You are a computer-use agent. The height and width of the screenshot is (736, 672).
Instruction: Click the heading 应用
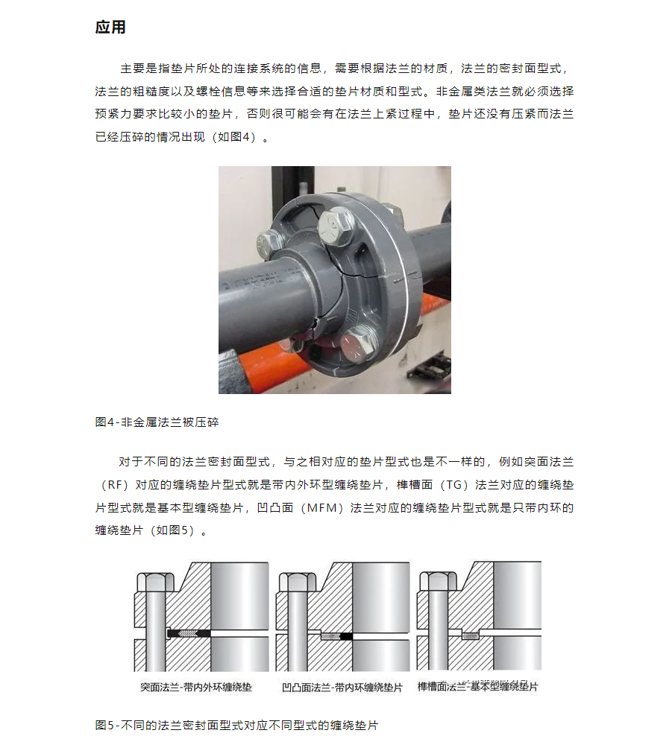click(x=110, y=28)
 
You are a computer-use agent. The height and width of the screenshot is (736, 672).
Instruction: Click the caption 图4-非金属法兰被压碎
click(x=157, y=422)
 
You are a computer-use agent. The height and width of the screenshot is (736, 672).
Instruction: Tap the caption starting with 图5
click(x=236, y=726)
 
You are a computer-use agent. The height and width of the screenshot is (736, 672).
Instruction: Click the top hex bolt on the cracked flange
click(x=335, y=226)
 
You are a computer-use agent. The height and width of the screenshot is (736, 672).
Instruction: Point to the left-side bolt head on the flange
click(x=269, y=244)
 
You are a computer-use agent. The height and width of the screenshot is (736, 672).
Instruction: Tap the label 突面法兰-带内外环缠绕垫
click(x=196, y=687)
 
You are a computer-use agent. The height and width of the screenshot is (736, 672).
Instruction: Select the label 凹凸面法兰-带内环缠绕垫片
click(x=342, y=688)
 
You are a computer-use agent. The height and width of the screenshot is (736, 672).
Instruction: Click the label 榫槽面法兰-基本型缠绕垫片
click(x=477, y=687)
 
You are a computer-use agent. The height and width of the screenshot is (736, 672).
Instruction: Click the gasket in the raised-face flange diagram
click(x=189, y=634)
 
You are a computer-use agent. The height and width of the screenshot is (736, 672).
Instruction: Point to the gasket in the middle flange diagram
click(x=336, y=636)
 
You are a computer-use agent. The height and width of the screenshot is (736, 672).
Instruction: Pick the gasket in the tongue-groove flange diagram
click(x=470, y=636)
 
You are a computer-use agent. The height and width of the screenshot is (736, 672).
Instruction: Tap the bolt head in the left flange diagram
click(x=155, y=582)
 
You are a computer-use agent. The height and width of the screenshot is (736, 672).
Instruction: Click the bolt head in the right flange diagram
click(x=438, y=580)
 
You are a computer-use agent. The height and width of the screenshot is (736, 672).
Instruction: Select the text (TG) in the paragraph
click(x=453, y=485)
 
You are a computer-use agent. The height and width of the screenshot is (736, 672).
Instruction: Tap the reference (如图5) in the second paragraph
click(x=172, y=530)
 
